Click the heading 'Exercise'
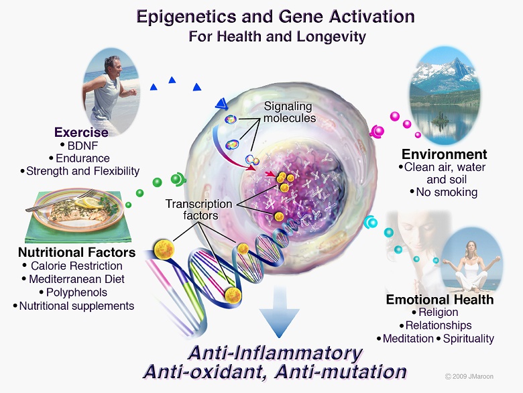point(81,132)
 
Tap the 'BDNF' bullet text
point(83,146)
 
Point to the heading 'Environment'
point(445,154)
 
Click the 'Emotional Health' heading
point(439,299)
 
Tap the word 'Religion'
point(439,313)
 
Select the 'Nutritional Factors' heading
point(77,253)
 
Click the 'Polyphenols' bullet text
point(76,292)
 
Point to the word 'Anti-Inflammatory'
point(276,353)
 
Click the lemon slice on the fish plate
point(86,203)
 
